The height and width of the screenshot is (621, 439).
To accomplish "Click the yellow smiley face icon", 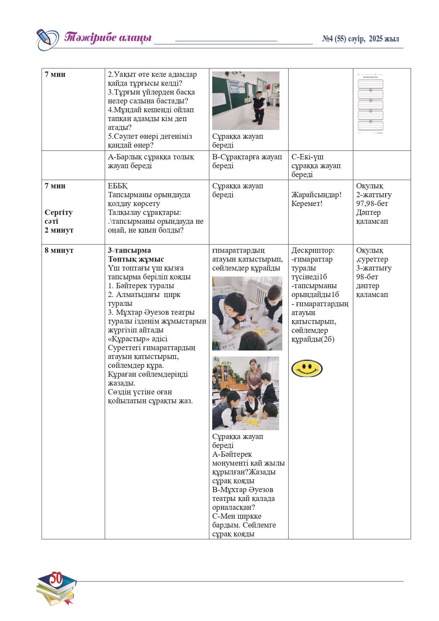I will [307, 369].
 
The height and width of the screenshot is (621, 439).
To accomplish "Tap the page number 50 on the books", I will [56, 578].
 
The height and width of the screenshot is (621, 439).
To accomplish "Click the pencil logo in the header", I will [47, 39].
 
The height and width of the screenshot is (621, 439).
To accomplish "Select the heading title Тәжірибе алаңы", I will [108, 38].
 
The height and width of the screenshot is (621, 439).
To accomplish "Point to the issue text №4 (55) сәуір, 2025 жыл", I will [360, 39].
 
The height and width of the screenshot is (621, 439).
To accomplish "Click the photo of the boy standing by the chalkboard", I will [246, 101].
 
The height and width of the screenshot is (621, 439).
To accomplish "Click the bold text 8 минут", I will [59, 250].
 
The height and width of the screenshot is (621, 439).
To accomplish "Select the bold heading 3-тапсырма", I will [129, 250].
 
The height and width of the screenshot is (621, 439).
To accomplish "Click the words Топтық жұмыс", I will [136, 259].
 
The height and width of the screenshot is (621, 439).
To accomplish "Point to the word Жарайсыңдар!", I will [316, 195].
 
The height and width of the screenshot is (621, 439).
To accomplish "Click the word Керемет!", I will [307, 204].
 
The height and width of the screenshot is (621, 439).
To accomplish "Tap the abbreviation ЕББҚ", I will [117, 186].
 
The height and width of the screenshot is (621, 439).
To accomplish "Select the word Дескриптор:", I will [313, 250].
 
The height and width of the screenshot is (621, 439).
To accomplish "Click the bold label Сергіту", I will [58, 212].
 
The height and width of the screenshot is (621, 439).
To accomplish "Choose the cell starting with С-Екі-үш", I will [316, 165].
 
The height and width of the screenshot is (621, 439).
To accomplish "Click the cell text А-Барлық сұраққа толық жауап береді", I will [151, 161].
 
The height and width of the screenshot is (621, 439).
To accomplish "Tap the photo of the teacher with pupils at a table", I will [246, 393].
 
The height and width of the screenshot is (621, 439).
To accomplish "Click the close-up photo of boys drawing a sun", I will [247, 313].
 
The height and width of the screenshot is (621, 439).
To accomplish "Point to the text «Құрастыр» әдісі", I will [138, 339].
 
